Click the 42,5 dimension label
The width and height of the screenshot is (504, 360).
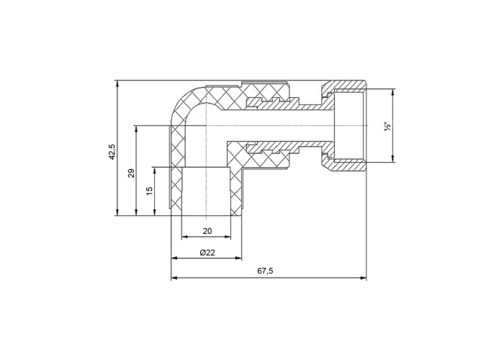(112, 152)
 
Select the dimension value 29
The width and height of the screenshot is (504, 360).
(131, 174)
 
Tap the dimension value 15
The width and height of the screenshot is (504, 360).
(150, 192)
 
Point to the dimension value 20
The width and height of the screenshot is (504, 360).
(207, 231)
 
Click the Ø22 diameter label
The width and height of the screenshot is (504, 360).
(207, 252)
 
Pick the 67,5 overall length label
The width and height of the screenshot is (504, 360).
(265, 271)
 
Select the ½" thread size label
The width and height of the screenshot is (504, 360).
(387, 126)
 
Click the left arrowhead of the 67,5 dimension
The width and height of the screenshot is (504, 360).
(174, 278)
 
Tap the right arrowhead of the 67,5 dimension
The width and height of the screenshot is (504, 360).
(363, 278)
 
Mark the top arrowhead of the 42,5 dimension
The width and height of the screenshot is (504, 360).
(117, 84)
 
